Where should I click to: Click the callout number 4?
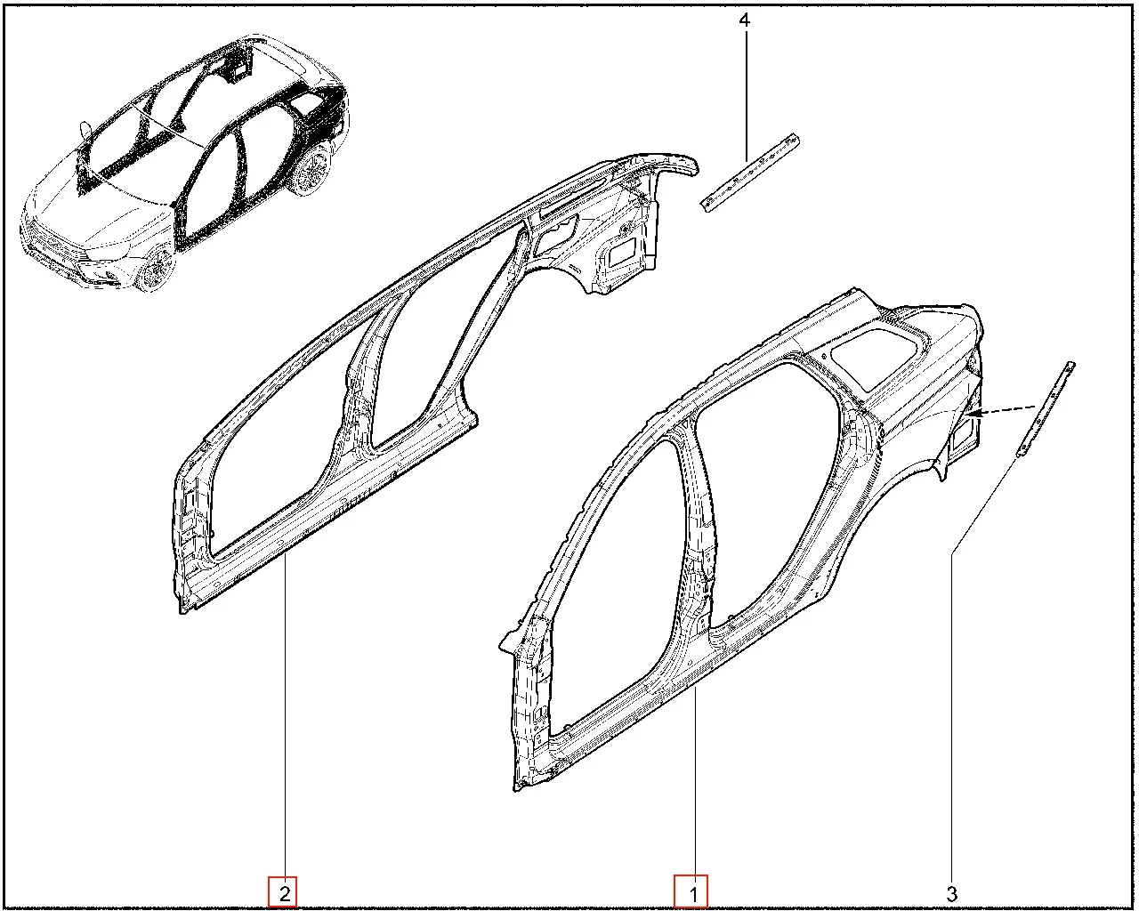click(744, 20)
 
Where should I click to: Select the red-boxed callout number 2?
click(283, 892)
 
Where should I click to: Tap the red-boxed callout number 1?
click(691, 892)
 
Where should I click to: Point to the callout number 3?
click(951, 893)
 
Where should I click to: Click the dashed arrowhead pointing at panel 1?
click(973, 414)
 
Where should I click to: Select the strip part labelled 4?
click(749, 173)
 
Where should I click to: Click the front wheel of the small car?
click(157, 270)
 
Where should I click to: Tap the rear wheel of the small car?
click(312, 167)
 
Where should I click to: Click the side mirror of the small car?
click(84, 130)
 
